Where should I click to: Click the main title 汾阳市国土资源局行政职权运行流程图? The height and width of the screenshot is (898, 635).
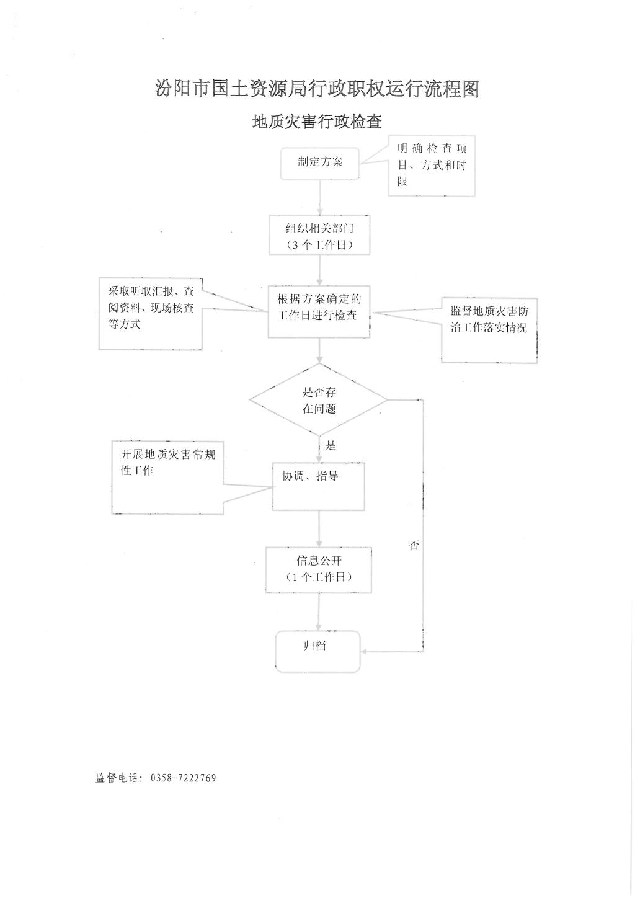317,89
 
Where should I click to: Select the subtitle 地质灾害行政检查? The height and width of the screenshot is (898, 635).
317,122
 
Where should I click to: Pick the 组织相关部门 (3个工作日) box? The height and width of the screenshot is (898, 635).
319,235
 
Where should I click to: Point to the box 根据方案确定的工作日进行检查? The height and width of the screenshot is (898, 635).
319,312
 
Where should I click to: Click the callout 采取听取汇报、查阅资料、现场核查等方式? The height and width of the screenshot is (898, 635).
150,314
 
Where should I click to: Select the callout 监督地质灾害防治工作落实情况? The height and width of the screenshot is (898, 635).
489,331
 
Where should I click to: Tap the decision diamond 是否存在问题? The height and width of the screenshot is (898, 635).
319,399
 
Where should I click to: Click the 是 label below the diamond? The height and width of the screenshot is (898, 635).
331,446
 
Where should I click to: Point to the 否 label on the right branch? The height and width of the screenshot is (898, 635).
414,545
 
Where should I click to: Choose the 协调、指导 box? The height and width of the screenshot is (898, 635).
318,486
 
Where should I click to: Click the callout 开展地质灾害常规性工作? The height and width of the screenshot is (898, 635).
167,478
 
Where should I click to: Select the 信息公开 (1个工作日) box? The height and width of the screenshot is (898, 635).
319,570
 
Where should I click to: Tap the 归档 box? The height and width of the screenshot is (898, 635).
318,651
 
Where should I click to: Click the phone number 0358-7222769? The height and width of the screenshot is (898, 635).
183,778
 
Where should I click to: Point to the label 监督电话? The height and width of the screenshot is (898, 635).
116,778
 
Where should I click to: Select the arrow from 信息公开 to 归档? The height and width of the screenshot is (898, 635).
319,612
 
